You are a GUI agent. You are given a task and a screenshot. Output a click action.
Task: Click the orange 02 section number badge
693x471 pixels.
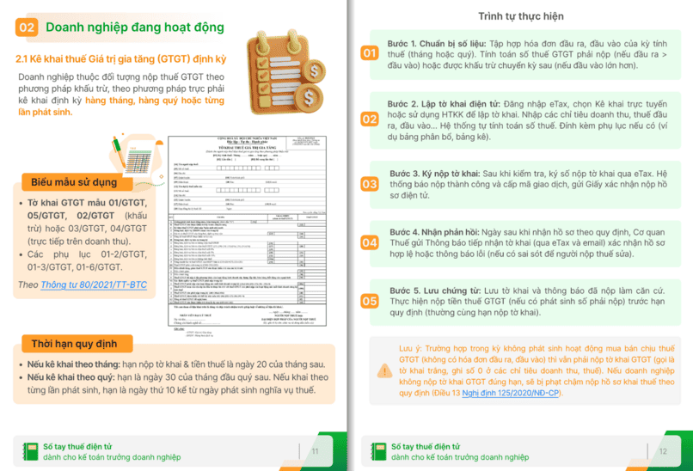coord(27,28)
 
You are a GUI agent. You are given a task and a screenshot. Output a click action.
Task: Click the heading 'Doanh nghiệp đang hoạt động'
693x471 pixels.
coord(134,28)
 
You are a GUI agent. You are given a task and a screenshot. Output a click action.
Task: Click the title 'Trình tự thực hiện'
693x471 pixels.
coord(521,16)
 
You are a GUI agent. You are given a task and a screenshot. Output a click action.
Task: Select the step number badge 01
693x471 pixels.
coord(369,53)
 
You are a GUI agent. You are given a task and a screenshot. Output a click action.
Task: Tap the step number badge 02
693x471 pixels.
coord(369,119)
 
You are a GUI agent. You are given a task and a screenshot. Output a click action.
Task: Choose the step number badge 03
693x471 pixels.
coord(369,184)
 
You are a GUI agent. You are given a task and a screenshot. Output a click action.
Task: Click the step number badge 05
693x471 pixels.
coord(369,301)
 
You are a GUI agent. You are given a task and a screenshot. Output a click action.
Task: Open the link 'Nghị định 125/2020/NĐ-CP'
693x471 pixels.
coord(512,393)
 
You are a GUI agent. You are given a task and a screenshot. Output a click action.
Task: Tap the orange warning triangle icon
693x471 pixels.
coord(384,370)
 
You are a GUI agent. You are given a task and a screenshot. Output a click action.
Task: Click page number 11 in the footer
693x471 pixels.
coord(315,451)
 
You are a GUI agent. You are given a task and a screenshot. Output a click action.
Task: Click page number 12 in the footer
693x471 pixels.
coord(663,451)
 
